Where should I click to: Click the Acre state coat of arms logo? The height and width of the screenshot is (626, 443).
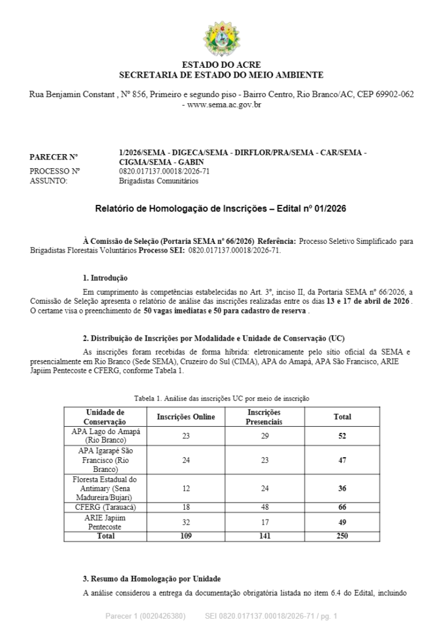(221, 39)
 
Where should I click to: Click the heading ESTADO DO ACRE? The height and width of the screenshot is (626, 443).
(221, 65)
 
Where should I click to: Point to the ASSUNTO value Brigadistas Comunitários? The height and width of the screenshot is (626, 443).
(158, 181)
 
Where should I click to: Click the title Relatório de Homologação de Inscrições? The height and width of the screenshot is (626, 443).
(221, 208)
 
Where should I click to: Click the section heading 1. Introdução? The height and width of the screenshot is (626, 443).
(105, 278)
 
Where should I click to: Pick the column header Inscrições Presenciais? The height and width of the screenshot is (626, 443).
(264, 417)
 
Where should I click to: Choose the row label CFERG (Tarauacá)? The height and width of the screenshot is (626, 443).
(106, 507)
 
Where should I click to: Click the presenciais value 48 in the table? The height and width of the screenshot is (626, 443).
(264, 507)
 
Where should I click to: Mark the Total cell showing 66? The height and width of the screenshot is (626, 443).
(342, 507)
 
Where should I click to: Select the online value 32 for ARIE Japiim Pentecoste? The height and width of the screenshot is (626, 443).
(186, 522)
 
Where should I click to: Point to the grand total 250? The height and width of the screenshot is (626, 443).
(342, 536)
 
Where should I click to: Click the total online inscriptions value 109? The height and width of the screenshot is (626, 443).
(186, 536)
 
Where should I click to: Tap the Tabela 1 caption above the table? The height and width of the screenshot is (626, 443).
(221, 399)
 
